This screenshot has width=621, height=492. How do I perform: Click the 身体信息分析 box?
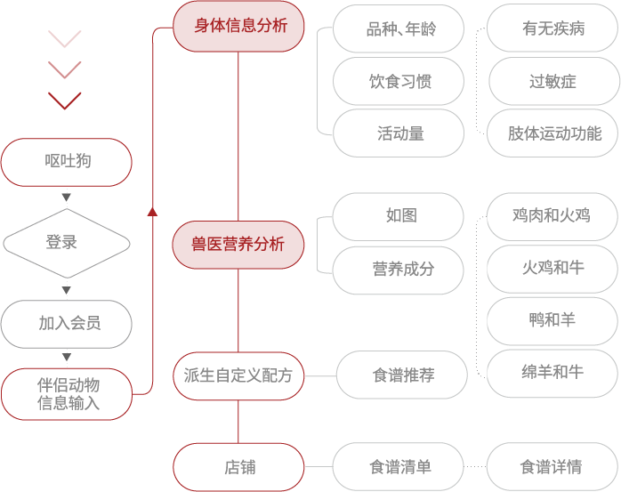point(238,26)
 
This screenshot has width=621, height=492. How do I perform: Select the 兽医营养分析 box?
point(238,245)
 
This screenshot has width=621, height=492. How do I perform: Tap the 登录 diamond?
point(67,243)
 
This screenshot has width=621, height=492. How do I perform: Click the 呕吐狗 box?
point(67,162)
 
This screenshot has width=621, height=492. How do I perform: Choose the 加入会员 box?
point(67,324)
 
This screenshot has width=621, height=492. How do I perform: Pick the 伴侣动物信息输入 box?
point(67,394)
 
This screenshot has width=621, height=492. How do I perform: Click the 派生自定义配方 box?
point(238,376)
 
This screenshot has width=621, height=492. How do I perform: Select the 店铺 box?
point(238,467)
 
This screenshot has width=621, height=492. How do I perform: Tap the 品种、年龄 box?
point(399,28)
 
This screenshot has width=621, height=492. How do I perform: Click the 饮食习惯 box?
point(399,81)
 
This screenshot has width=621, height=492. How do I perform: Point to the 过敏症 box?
point(554,81)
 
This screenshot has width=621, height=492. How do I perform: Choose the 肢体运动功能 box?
point(552,133)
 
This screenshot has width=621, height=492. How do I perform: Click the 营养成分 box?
point(398,270)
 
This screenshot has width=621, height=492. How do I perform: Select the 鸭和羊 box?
point(552,321)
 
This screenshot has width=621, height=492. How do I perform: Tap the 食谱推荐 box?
point(401,375)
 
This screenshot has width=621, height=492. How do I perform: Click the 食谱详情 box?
point(552,467)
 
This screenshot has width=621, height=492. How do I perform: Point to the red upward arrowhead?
point(152,212)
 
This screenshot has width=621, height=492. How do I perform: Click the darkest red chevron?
point(65,101)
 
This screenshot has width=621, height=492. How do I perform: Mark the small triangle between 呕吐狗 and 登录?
point(67,197)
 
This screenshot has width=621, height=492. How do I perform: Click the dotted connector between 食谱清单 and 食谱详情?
point(475,467)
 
